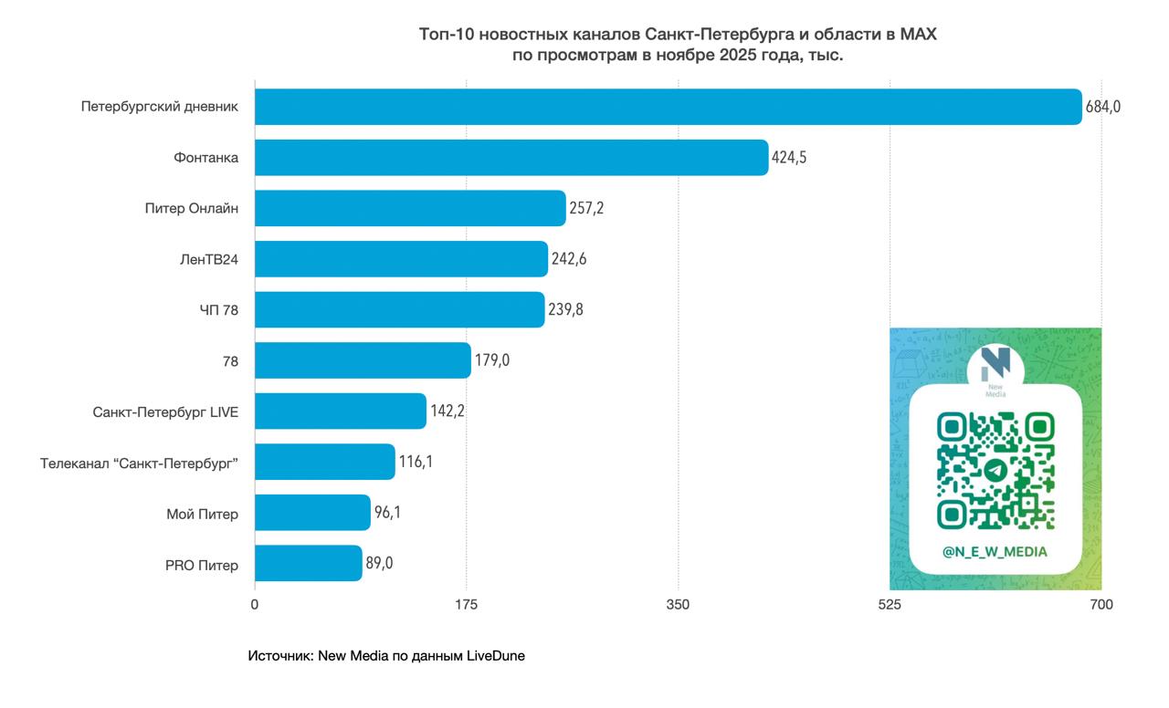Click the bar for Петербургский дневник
668,107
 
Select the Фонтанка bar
511,158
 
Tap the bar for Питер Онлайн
410,208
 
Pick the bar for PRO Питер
308,564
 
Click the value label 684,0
1102,107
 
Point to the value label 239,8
566,310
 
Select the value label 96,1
387,513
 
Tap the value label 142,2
448,411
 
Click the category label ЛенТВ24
209,260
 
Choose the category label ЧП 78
219,311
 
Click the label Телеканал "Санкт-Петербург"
139,463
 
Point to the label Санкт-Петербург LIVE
165,412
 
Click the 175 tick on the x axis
466,605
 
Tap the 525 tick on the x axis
890,605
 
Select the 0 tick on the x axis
255,605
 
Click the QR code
995,470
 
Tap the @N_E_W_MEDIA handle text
995,552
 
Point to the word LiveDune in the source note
496,656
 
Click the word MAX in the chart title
918,35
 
